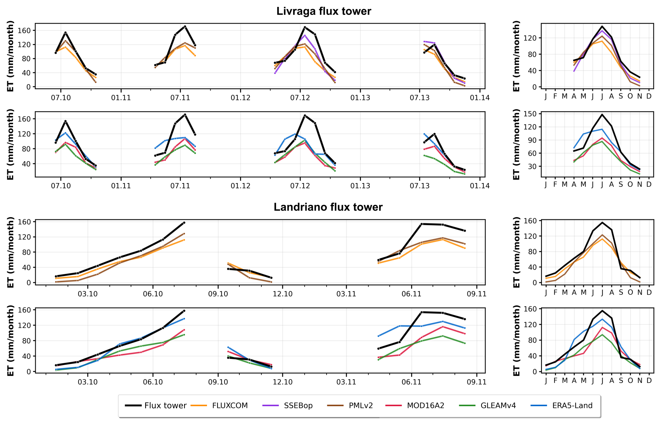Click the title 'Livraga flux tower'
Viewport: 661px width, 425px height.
(x=324, y=11)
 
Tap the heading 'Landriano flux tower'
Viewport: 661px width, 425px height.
(x=328, y=207)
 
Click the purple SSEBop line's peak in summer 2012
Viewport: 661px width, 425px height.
(x=305, y=35)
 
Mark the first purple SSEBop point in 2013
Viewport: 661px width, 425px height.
(x=424, y=41)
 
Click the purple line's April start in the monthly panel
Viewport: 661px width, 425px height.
(x=574, y=71)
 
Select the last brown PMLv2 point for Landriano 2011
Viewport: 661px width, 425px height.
(x=465, y=244)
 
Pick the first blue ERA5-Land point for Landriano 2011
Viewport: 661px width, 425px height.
(x=378, y=336)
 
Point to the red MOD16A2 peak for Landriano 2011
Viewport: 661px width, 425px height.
(x=443, y=327)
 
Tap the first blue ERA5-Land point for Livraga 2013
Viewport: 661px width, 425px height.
(x=424, y=134)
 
